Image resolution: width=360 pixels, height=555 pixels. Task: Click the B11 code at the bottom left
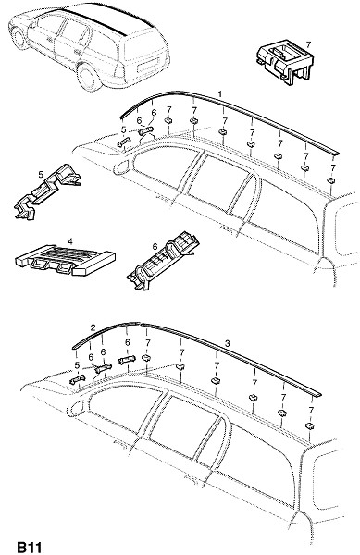pyautogui.click(x=30, y=547)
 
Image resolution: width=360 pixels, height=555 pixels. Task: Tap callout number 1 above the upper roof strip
pyautogui.click(x=220, y=94)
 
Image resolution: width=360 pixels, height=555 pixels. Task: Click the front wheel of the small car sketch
pyautogui.click(x=19, y=35)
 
